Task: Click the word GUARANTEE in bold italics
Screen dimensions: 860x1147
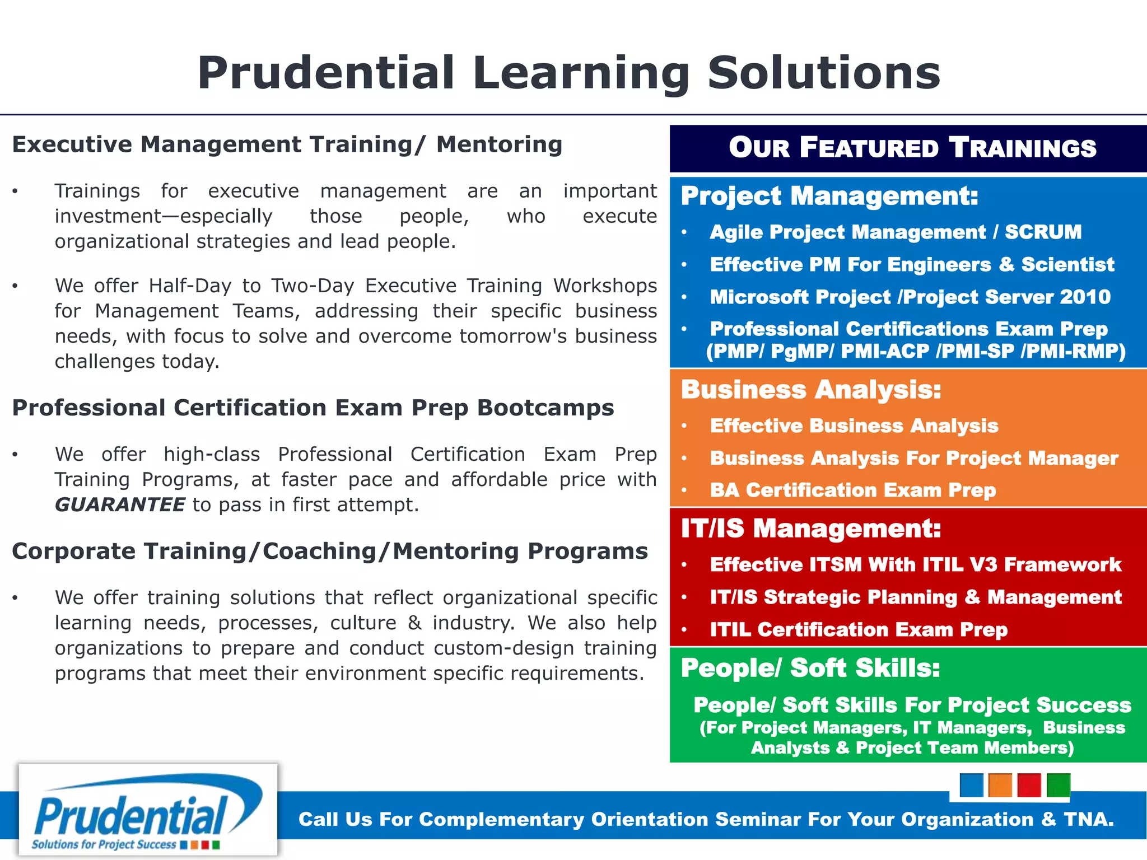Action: click(x=120, y=505)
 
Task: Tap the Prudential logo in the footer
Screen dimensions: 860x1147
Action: click(x=148, y=809)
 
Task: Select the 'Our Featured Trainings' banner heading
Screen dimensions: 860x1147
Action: click(x=912, y=148)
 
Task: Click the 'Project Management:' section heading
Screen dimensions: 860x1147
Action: click(x=829, y=196)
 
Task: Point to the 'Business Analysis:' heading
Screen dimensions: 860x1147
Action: click(x=811, y=390)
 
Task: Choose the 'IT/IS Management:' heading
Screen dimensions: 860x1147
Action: click(x=811, y=529)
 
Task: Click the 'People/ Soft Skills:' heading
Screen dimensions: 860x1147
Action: click(x=810, y=668)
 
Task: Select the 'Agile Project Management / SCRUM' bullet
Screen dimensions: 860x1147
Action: click(x=896, y=232)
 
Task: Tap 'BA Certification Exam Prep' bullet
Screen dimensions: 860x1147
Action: click(x=853, y=490)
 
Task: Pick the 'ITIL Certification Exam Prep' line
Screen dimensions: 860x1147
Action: click(x=859, y=630)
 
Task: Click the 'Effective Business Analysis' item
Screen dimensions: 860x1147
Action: click(x=854, y=426)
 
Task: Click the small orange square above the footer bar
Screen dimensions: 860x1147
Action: click(x=1000, y=785)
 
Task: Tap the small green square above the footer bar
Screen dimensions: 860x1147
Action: click(x=1058, y=785)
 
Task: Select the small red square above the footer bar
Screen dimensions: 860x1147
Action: click(x=1029, y=785)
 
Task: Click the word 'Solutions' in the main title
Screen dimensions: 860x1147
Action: click(x=824, y=73)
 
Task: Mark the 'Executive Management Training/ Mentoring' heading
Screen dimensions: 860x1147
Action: click(x=287, y=144)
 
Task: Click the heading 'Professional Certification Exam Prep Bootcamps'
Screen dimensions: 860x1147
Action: click(x=313, y=408)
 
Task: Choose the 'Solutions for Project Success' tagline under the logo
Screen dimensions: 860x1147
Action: click(x=104, y=844)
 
